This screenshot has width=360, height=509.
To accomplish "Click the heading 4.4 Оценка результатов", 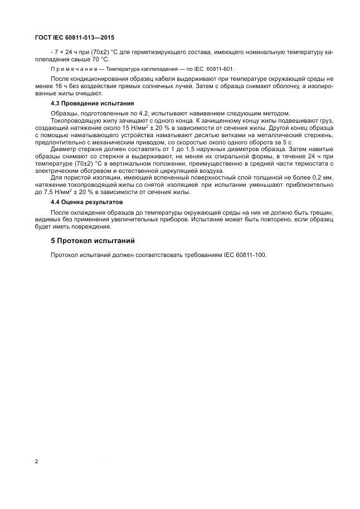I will coord(86,202).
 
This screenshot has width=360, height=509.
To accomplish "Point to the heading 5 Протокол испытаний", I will coord(92,241).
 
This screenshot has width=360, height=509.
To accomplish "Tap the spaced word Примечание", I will coord(74,69).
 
